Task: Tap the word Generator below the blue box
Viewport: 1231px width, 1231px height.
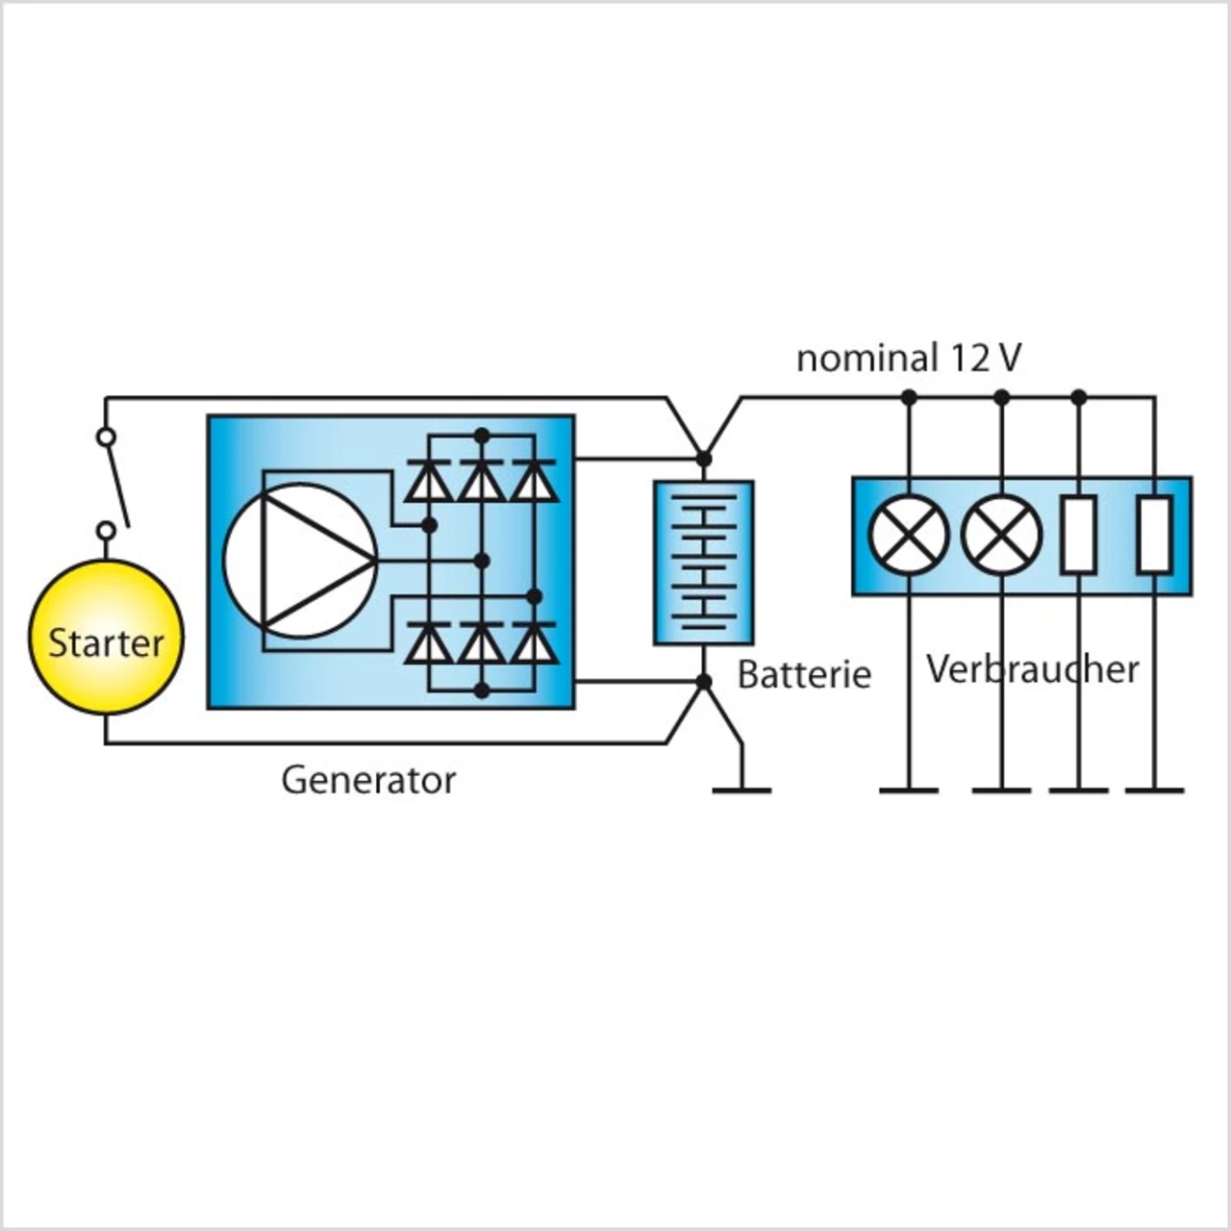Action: tap(368, 781)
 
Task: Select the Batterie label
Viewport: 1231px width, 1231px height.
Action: tap(804, 674)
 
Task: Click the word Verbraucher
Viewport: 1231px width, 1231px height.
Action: tap(1032, 669)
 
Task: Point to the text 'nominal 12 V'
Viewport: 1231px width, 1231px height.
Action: tap(909, 359)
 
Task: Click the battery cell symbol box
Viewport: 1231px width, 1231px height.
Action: tap(703, 563)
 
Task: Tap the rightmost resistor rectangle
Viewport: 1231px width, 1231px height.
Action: tap(1155, 535)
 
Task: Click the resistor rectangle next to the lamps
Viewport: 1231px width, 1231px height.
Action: tap(1079, 535)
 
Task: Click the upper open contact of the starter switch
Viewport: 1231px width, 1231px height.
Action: tap(106, 437)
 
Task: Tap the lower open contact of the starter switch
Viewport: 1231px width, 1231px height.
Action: tap(106, 530)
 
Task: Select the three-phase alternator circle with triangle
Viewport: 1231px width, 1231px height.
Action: tap(301, 560)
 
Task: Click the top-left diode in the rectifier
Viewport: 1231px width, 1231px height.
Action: tap(430, 479)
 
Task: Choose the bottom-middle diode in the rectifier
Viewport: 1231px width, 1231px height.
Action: tap(483, 642)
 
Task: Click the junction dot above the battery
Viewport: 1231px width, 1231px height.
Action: tap(703, 458)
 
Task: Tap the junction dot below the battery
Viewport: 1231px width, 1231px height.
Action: tap(703, 682)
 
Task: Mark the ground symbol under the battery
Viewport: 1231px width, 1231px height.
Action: tap(741, 791)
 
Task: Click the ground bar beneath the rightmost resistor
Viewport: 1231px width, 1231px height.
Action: tap(1155, 791)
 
